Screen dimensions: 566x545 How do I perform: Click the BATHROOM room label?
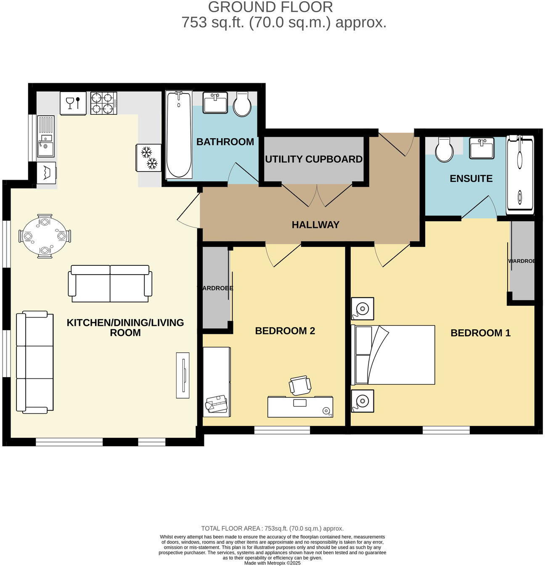225,142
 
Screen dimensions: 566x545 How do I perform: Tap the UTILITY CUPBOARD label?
314,159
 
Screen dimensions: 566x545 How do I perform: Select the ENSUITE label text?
471,179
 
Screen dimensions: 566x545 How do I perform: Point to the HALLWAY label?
315,225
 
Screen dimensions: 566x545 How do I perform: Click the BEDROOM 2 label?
285,331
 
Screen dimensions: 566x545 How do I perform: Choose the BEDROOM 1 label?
480,333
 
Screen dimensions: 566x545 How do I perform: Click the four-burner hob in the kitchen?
103,103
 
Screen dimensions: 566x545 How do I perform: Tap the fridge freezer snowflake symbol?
148,158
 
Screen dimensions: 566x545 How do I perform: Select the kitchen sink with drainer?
46,136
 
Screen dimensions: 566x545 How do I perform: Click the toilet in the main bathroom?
242,104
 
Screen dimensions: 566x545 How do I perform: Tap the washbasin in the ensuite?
482,148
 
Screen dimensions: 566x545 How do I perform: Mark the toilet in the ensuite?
444,150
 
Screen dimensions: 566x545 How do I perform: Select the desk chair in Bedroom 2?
300,385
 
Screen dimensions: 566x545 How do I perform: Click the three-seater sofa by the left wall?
34,362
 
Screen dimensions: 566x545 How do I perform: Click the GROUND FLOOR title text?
270,7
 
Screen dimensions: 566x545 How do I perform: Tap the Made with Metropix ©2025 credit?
272,563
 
